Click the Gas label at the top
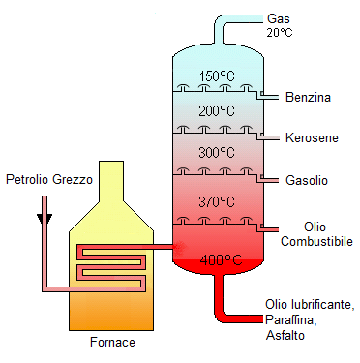click(279, 18)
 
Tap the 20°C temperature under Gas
click(280, 32)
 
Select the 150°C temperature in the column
click(217, 76)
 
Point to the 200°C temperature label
click(217, 111)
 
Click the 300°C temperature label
click(217, 152)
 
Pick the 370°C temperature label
click(217, 202)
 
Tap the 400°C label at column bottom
click(221, 259)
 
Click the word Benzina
click(308, 97)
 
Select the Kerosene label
click(312, 138)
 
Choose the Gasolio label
click(307, 180)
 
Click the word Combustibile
click(316, 241)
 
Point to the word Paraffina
click(289, 319)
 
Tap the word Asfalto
click(285, 335)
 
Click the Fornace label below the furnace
click(112, 342)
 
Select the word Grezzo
click(73, 179)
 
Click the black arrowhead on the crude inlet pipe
click(45, 219)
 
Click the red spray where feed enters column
click(180, 247)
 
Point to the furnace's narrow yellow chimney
click(111, 181)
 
